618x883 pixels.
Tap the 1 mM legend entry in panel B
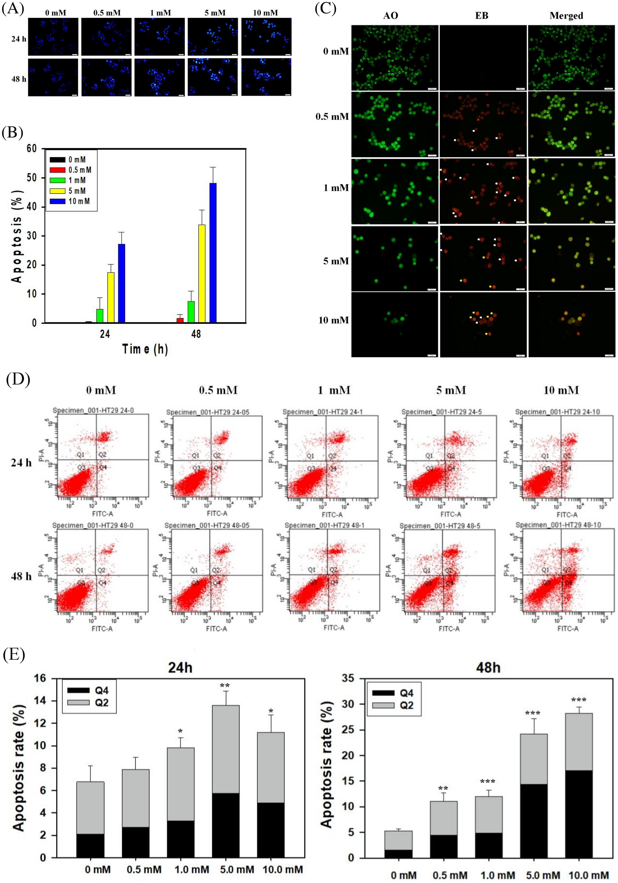click(77, 180)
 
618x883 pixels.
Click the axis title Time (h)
click(145, 349)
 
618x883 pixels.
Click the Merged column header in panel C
click(566, 16)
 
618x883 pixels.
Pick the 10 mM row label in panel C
click(333, 320)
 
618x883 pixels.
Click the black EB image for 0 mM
click(483, 58)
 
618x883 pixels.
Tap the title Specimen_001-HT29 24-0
click(93, 410)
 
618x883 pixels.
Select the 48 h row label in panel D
click(21, 576)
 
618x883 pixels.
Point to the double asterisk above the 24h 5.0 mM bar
click(225, 686)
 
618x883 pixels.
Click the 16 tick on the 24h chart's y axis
click(40, 678)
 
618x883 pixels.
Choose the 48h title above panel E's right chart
click(488, 668)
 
